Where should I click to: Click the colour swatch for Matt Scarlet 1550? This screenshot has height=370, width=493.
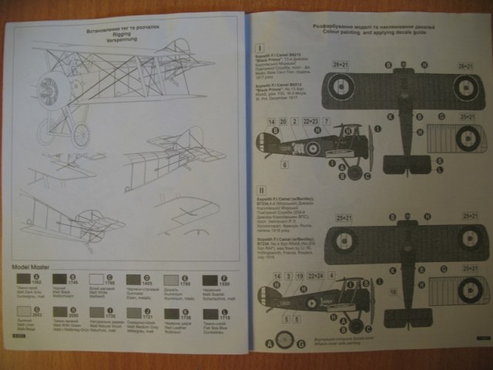(210, 281)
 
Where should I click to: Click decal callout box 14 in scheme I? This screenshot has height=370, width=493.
(271, 122)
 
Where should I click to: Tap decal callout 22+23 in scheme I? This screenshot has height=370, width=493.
(312, 122)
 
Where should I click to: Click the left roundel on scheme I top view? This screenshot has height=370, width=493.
(340, 87)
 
